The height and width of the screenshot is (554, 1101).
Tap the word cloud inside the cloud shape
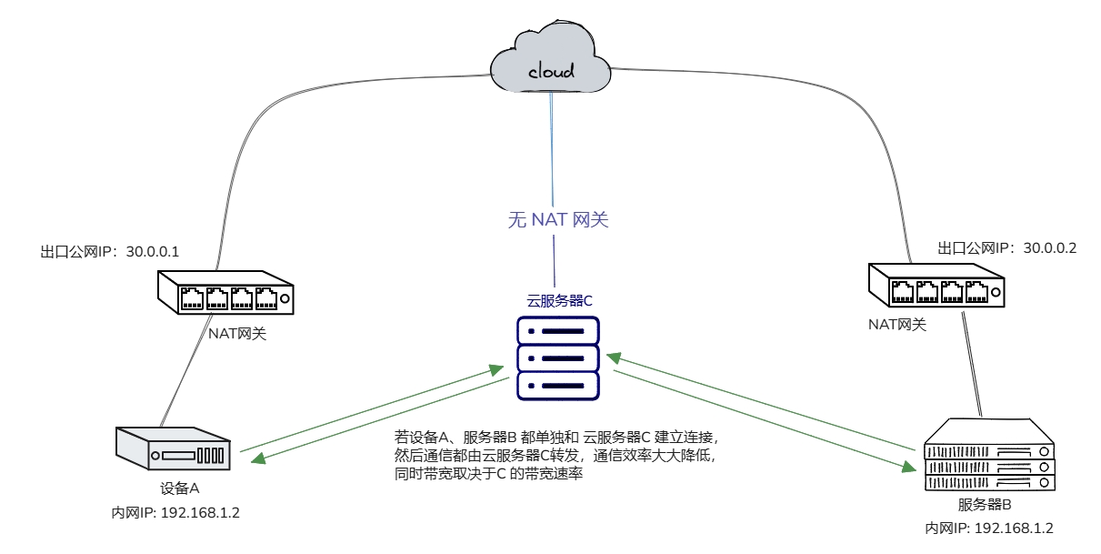click(x=551, y=70)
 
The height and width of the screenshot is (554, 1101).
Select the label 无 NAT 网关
click(x=556, y=219)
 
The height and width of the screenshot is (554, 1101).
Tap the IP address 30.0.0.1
click(x=151, y=250)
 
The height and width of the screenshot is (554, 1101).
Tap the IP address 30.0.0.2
click(x=1050, y=247)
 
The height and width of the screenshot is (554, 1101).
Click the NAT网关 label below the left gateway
click(x=237, y=334)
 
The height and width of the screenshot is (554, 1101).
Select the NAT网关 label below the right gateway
click(x=896, y=325)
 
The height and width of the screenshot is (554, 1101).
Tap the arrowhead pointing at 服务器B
click(x=909, y=468)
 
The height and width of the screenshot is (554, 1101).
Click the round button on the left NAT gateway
click(x=285, y=297)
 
